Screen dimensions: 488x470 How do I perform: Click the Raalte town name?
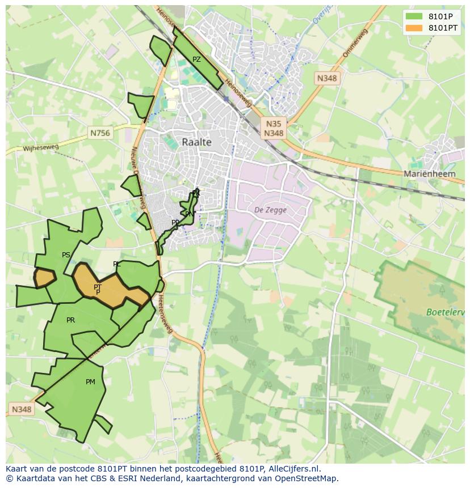[x=196, y=142]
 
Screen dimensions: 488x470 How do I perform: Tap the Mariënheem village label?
[x=429, y=174]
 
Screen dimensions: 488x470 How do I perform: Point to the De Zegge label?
[x=270, y=210]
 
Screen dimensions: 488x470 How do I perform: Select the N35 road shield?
[x=273, y=124]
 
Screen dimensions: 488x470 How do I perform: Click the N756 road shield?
[x=100, y=133]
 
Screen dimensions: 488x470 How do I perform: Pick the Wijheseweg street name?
[x=40, y=148]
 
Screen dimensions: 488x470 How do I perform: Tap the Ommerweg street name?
[x=355, y=43]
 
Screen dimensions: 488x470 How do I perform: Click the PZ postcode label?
[x=196, y=60]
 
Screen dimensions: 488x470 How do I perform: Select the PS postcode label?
[x=66, y=255]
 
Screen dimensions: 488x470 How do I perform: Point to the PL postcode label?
[x=117, y=264]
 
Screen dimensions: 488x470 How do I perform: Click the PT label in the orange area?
[x=98, y=287]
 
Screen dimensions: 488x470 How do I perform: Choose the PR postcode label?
[x=70, y=320]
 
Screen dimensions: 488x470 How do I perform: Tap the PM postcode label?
[x=90, y=382]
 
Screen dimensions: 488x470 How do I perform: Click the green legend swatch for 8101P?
[x=414, y=16]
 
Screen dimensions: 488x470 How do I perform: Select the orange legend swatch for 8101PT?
[x=414, y=28]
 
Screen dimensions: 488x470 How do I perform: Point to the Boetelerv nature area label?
[x=446, y=312]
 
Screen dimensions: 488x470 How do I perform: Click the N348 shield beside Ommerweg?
[x=327, y=79]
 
